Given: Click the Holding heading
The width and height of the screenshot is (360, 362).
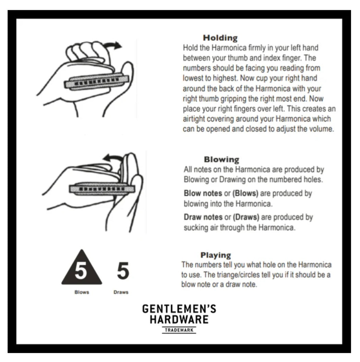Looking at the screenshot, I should tap(220, 38).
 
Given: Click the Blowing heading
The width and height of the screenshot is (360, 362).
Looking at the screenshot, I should tap(221, 160).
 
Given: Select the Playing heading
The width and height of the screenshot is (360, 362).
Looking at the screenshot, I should tap(216, 255).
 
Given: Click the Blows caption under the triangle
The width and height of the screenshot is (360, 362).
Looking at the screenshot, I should tap(82, 292).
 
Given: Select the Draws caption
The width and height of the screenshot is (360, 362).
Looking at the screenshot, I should tap(121, 292).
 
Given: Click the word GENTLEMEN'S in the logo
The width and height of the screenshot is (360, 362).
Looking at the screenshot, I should tap(179, 309).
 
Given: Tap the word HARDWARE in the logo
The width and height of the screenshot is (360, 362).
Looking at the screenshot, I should tap(179, 320).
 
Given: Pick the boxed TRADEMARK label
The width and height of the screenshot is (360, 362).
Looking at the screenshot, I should tap(179, 330).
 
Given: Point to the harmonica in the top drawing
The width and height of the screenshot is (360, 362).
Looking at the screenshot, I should tap(96, 82).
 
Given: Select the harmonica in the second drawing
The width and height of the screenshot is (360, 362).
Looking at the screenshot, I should tap(102, 189).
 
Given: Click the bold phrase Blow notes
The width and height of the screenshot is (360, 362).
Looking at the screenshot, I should tap(203, 193).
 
